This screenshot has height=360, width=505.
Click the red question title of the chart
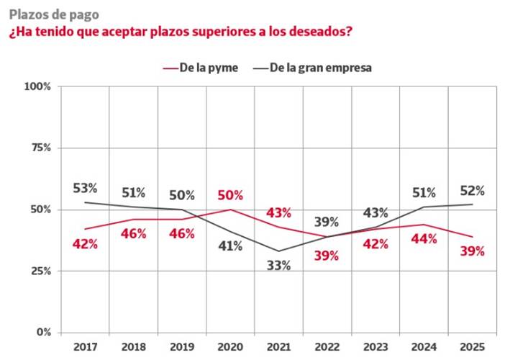tap(180, 32)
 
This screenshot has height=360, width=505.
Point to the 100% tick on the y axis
tap(38, 86)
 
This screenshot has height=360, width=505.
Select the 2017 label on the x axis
tap(85, 346)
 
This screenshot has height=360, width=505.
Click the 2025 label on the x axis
tap(472, 346)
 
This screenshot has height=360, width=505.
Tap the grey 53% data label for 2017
tap(85, 189)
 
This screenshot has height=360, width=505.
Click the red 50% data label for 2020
tap(230, 195)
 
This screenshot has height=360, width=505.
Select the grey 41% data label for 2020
tap(230, 246)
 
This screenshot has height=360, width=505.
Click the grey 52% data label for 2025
tap(472, 191)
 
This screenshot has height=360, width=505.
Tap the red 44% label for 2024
tap(424, 238)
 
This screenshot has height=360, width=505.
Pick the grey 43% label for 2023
tap(376, 213)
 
